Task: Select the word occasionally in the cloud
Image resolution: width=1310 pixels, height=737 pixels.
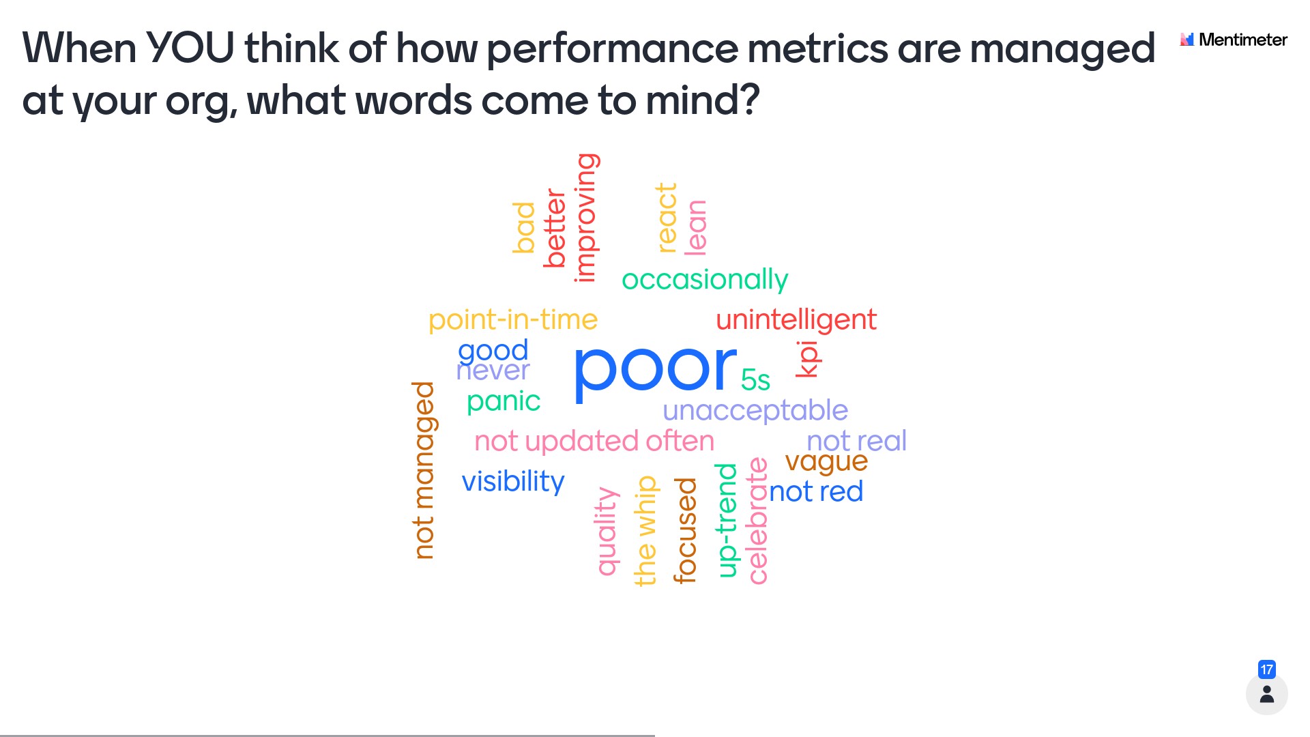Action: [705, 280]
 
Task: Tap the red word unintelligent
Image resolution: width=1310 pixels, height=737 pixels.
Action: [796, 319]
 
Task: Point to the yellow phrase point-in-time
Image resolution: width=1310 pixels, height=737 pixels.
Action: [513, 320]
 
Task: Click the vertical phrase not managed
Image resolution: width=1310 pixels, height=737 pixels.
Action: [424, 470]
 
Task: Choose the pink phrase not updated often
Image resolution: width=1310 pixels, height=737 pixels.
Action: [594, 441]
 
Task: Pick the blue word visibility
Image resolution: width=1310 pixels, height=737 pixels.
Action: [513, 481]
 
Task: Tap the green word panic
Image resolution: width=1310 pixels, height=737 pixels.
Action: [504, 401]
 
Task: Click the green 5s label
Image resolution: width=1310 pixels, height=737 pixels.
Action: [755, 380]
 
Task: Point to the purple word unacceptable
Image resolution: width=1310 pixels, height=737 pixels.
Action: [755, 411]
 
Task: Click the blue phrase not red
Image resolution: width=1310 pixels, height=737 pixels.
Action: [816, 491]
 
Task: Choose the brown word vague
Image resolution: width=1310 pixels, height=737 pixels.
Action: [826, 462]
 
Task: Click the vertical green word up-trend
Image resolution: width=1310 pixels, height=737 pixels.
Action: [727, 520]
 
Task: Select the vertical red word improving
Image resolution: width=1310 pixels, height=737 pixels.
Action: [585, 218]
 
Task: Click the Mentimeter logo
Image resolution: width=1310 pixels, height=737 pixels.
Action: [1234, 40]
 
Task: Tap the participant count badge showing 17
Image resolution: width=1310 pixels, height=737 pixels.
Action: [1267, 669]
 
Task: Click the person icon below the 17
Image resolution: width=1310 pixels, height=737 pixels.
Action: [1267, 694]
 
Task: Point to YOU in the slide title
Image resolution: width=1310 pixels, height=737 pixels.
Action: [190, 48]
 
